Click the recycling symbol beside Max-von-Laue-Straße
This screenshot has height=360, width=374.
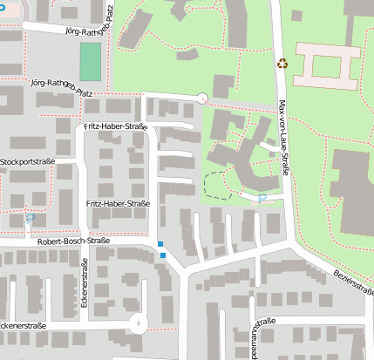(282, 63)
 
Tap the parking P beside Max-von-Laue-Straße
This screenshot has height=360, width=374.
(263, 200)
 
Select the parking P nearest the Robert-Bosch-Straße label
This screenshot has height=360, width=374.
(29, 220)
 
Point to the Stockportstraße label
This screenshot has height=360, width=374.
(28, 162)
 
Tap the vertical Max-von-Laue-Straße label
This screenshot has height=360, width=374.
(282, 139)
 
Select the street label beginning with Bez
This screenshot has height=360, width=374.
(354, 282)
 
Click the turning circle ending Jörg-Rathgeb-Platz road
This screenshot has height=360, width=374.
(202, 98)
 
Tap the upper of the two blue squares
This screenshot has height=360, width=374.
(160, 243)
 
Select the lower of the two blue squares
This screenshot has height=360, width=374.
(163, 255)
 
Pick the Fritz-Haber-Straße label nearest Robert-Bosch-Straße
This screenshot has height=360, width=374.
(119, 204)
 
